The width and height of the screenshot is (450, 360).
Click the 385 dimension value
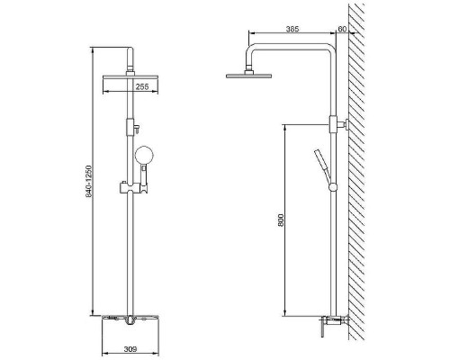click(292, 29)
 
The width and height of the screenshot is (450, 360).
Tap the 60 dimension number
click(342, 29)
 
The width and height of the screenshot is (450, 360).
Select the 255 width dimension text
click(142, 86)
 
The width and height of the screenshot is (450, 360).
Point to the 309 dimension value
click(130, 349)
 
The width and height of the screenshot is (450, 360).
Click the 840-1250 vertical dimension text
click(88, 181)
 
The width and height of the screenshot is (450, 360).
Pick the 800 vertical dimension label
click(281, 220)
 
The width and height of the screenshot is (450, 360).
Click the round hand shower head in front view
click(144, 156)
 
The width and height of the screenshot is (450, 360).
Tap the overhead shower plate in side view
click(248, 76)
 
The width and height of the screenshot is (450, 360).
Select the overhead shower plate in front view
click(130, 76)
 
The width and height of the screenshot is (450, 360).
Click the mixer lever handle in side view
click(322, 328)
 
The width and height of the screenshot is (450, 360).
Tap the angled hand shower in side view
click(322, 166)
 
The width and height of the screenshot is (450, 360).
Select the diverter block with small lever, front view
click(132, 127)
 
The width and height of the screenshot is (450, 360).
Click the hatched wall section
click(356, 171)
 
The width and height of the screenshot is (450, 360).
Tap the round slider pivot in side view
click(333, 187)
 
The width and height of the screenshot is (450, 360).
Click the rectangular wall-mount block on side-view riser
click(333, 124)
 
